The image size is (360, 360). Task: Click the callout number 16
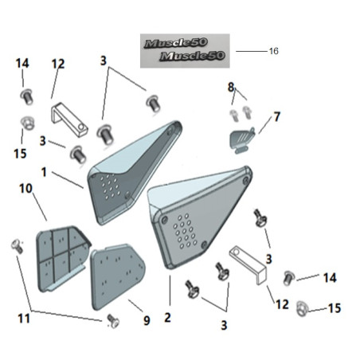click(x=274, y=51)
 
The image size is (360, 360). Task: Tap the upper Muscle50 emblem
click(x=176, y=43)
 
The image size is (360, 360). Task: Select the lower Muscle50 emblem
click(x=192, y=56)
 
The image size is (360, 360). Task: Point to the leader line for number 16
click(x=251, y=51)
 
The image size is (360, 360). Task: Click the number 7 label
click(x=277, y=117)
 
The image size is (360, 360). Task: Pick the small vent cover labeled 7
click(x=241, y=140)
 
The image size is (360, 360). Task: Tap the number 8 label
click(x=231, y=87)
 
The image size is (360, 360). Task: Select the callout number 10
click(x=25, y=189)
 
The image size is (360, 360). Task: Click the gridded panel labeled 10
click(x=63, y=259)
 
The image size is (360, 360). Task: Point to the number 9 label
click(x=147, y=320)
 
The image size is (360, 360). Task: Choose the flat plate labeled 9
click(x=118, y=276)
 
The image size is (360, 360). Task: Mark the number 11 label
click(x=24, y=319)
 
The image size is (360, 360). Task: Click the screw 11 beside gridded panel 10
click(x=18, y=247)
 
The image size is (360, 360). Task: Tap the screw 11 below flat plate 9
click(x=113, y=321)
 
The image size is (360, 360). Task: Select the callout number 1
click(x=44, y=172)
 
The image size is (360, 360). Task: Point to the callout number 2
click(x=167, y=318)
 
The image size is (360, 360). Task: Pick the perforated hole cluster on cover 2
click(x=185, y=230)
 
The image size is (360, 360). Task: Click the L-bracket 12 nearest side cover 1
click(x=69, y=120)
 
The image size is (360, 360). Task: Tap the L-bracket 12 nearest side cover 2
click(x=248, y=265)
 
